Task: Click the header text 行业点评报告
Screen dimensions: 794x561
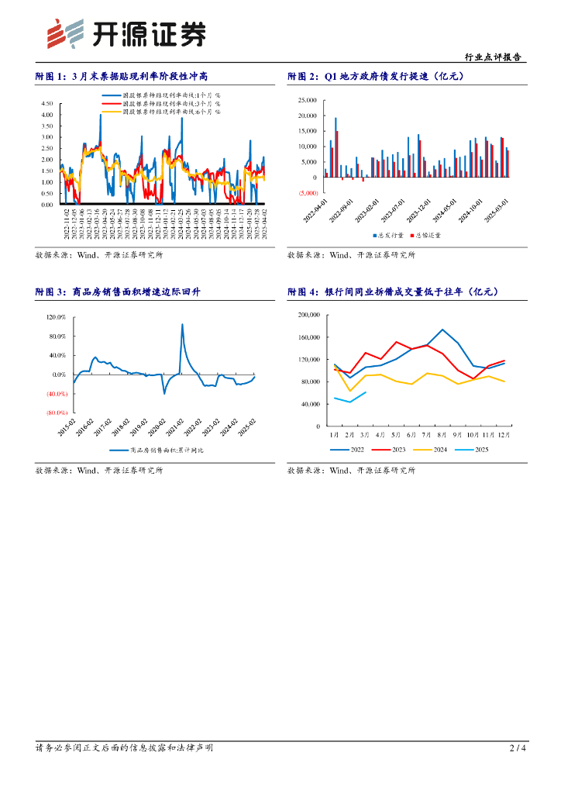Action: coord(492,57)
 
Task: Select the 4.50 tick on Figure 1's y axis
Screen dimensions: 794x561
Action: coord(46,103)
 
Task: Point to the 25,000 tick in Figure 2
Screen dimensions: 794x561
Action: coord(307,101)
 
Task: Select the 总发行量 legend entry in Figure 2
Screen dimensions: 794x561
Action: coord(389,235)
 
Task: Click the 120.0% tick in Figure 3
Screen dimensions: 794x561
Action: coord(57,317)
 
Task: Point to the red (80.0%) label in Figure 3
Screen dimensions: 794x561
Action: coord(57,413)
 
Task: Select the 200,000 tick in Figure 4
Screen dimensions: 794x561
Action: coord(308,316)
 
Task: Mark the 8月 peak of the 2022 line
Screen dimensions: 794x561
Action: coord(442,330)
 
